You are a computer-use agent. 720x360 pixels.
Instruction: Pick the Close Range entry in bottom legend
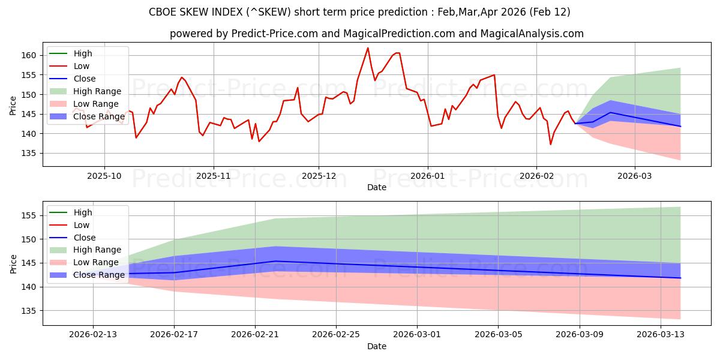click(99, 275)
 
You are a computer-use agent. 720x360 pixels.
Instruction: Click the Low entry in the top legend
click(82, 66)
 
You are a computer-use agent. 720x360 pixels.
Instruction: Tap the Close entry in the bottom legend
click(84, 238)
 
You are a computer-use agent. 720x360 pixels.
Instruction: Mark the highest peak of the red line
click(368, 48)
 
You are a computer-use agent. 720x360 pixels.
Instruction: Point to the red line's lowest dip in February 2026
click(550, 145)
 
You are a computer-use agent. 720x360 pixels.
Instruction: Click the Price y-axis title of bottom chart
click(13, 263)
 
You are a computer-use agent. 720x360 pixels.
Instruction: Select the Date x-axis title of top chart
click(376, 187)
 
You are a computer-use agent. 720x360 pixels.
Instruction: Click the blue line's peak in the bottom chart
click(275, 261)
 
